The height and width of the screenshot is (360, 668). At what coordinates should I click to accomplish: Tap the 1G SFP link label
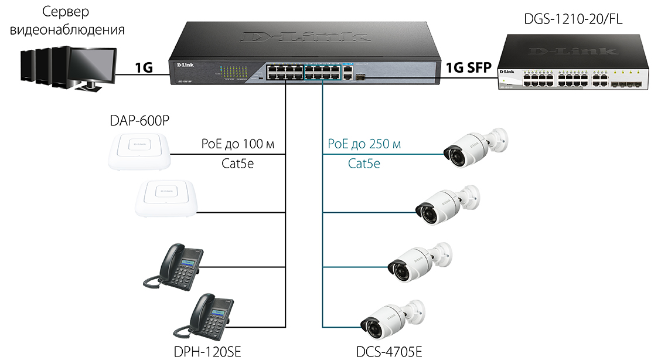pyautogui.click(x=469, y=67)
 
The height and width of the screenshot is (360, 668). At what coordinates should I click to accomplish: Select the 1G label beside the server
pyautogui.click(x=144, y=67)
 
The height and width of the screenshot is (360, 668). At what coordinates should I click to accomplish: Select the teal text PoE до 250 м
pyautogui.click(x=364, y=144)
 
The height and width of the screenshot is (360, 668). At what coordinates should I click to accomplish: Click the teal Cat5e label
pyautogui.click(x=364, y=164)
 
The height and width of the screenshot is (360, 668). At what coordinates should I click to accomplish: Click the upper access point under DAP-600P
pyautogui.click(x=139, y=151)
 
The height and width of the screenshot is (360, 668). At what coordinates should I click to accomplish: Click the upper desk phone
pyautogui.click(x=175, y=267)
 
